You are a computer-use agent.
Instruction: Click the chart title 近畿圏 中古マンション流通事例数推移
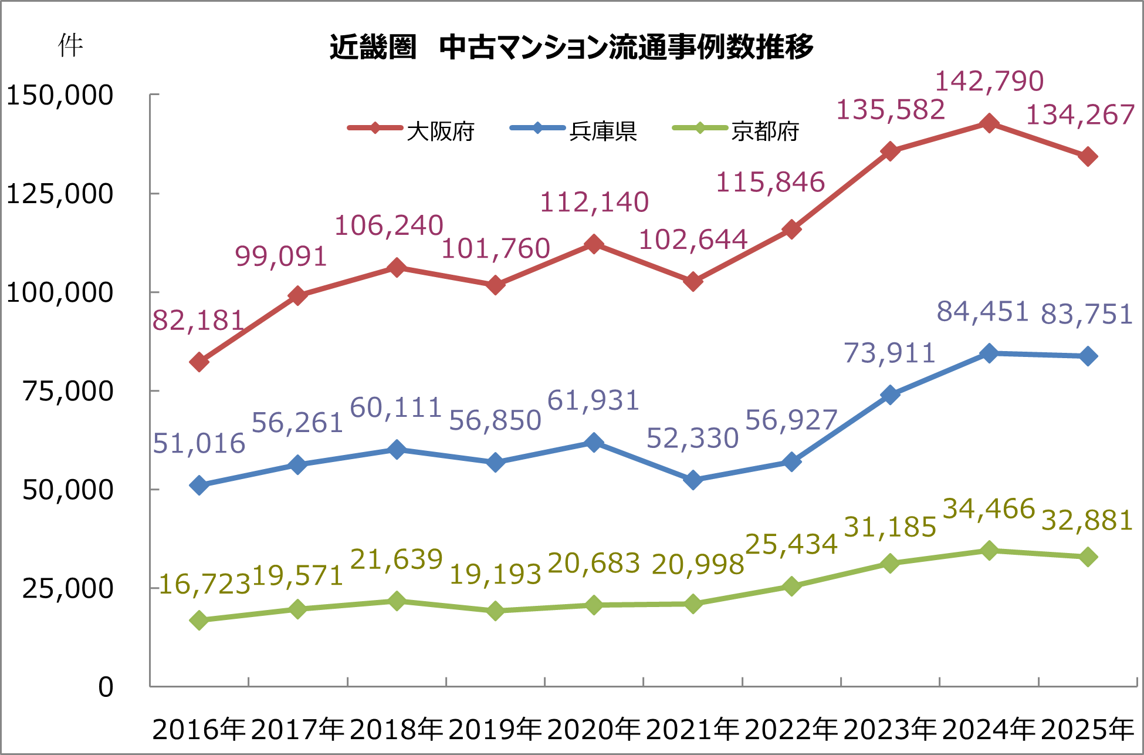pyautogui.click(x=571, y=47)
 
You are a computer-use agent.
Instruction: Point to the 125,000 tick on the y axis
pyautogui.click(x=59, y=194)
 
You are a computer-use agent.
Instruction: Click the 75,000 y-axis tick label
pyautogui.click(x=67, y=391)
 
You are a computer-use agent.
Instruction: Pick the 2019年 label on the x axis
pyautogui.click(x=495, y=729)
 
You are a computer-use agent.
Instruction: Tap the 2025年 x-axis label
pyautogui.click(x=1087, y=729)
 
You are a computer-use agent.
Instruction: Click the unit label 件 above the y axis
pyautogui.click(x=70, y=46)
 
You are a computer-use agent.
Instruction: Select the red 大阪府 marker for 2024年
pyautogui.click(x=989, y=123)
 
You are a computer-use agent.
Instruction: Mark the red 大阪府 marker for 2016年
pyautogui.click(x=199, y=362)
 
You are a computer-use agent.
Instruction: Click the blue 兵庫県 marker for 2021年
pyautogui.click(x=693, y=480)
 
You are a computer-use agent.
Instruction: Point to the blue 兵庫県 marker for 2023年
pyautogui.click(x=890, y=395)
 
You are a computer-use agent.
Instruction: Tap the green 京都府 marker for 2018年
pyautogui.click(x=397, y=601)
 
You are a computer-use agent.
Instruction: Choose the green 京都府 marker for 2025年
pyautogui.click(x=1088, y=557)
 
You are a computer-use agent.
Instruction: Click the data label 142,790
pyautogui.click(x=989, y=81)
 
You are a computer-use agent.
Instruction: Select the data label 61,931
pyautogui.click(x=593, y=401)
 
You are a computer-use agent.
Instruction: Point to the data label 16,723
pyautogui.click(x=205, y=584)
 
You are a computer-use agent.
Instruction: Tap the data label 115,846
pyautogui.click(x=770, y=182)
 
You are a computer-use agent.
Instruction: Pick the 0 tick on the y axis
pyautogui.click(x=106, y=687)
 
